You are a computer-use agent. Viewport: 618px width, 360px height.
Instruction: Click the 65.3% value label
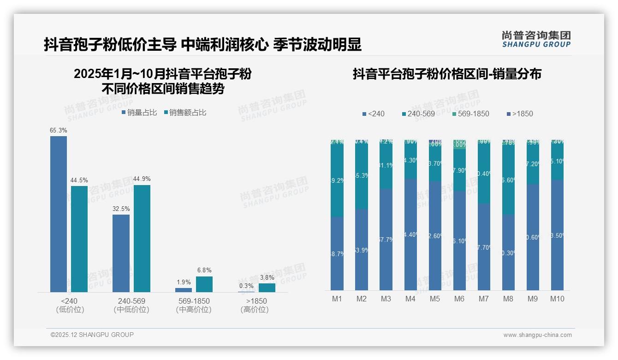click(59, 131)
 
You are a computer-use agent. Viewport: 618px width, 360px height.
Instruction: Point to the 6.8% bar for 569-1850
click(204, 284)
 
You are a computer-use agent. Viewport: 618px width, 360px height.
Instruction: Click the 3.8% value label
click(267, 278)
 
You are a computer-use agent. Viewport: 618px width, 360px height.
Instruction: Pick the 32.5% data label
click(121, 209)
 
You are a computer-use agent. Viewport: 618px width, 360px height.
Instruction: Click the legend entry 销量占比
click(139, 113)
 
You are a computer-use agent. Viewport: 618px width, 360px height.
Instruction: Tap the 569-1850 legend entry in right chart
click(470, 114)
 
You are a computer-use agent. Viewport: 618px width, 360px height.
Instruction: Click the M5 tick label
click(435, 299)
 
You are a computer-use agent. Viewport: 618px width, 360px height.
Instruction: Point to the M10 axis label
click(557, 299)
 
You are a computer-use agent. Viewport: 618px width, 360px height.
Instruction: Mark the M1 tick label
click(337, 299)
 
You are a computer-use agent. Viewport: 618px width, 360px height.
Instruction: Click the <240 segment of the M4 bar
click(410, 234)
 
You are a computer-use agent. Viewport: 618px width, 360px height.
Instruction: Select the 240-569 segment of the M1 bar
click(337, 180)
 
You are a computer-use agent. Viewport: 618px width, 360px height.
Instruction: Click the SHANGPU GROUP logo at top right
click(536, 39)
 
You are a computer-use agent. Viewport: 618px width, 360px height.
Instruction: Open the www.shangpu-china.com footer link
click(537, 335)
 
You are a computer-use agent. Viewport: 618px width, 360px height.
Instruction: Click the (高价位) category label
click(255, 310)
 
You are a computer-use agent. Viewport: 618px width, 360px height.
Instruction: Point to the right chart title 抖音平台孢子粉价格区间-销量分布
click(447, 74)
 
